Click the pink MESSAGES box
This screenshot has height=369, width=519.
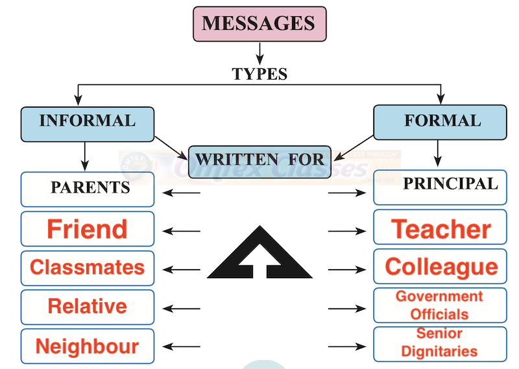click(x=259, y=23)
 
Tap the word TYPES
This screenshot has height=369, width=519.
click(x=259, y=73)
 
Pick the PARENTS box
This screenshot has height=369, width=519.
click(x=88, y=189)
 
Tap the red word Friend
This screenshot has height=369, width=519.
click(x=88, y=229)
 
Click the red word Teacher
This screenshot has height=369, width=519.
click(x=441, y=229)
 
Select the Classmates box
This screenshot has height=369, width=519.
click(x=88, y=268)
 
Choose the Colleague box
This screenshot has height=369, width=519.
click(x=440, y=267)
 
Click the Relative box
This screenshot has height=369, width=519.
click(x=88, y=307)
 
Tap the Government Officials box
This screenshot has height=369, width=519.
click(x=440, y=305)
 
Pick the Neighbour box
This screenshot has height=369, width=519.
click(x=88, y=346)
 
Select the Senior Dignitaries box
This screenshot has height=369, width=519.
click(x=440, y=344)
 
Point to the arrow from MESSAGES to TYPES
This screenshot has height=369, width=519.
click(x=259, y=52)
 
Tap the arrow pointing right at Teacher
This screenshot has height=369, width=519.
click(x=346, y=231)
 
